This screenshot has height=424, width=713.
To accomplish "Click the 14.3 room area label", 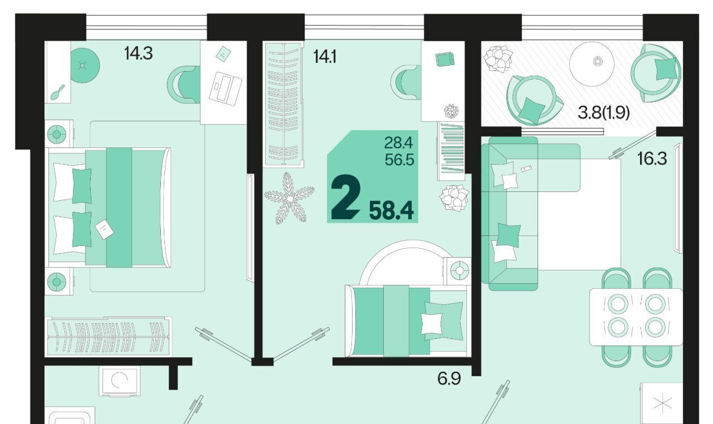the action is (x=139, y=53).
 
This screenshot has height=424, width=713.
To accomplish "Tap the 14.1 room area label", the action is (x=325, y=57).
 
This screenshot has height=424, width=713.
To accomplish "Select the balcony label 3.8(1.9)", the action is (x=603, y=112).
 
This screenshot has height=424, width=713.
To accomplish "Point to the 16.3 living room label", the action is (x=652, y=159).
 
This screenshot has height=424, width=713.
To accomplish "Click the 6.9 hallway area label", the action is (x=449, y=378).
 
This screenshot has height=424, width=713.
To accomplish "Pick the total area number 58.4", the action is (x=392, y=211).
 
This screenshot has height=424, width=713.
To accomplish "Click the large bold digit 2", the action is (x=346, y=198).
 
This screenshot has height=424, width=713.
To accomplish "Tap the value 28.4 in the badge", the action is (x=398, y=143).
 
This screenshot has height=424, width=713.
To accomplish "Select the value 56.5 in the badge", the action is (x=399, y=160).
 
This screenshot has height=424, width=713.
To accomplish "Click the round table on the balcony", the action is (x=592, y=63).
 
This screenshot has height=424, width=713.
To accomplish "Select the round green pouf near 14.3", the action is (x=83, y=66).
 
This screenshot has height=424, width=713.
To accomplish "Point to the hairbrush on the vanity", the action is (x=57, y=92).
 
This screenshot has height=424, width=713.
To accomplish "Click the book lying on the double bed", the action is (x=104, y=229).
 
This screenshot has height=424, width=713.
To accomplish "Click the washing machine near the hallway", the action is (x=119, y=381).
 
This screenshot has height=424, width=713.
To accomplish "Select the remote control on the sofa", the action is (x=526, y=169).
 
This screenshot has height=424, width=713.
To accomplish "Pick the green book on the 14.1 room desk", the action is (x=445, y=59).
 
